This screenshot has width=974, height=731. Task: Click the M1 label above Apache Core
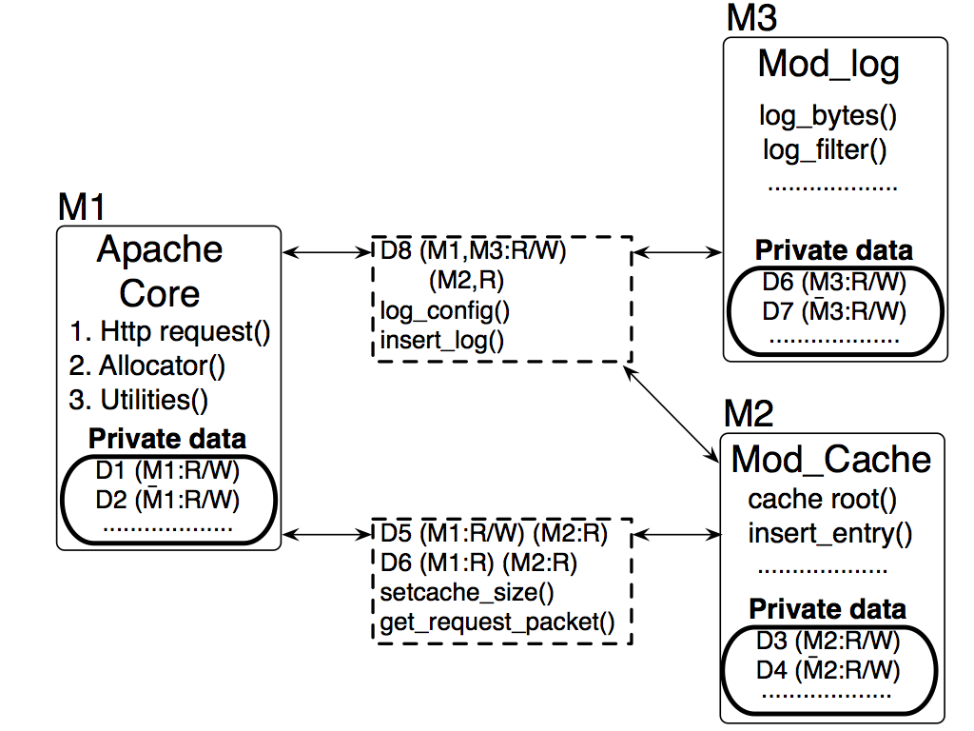pos(82,207)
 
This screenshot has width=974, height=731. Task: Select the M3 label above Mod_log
pos(750,17)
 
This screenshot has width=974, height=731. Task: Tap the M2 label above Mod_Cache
pos(750,415)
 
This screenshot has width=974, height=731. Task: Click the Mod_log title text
pos(828,65)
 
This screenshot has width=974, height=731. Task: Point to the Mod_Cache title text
pos(831,460)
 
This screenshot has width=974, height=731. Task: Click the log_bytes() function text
pos(828,116)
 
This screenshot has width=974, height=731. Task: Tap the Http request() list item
pos(170,332)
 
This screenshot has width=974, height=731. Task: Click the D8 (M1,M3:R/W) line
pos(473,252)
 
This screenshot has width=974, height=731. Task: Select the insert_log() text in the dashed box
pos(442,340)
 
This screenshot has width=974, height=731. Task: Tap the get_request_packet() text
pos(497,622)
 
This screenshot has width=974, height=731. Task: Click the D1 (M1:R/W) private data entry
pos(167,470)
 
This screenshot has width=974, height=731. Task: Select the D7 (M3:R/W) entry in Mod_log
pos(834,311)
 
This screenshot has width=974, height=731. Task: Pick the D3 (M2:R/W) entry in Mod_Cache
pos(828,641)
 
